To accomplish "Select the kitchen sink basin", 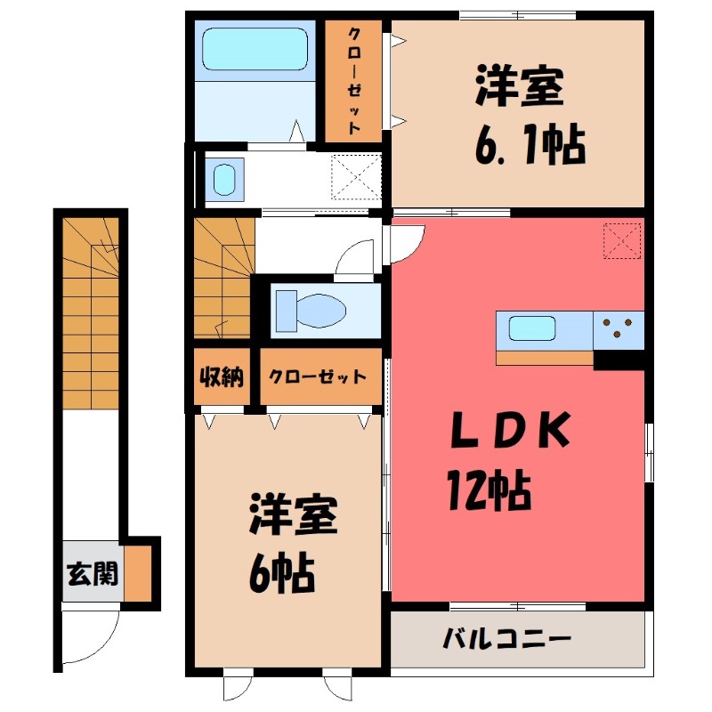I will (x=532, y=328).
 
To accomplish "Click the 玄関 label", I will (x=92, y=575).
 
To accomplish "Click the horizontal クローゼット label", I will (x=318, y=376).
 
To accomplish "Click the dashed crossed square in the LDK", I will (x=623, y=240).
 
